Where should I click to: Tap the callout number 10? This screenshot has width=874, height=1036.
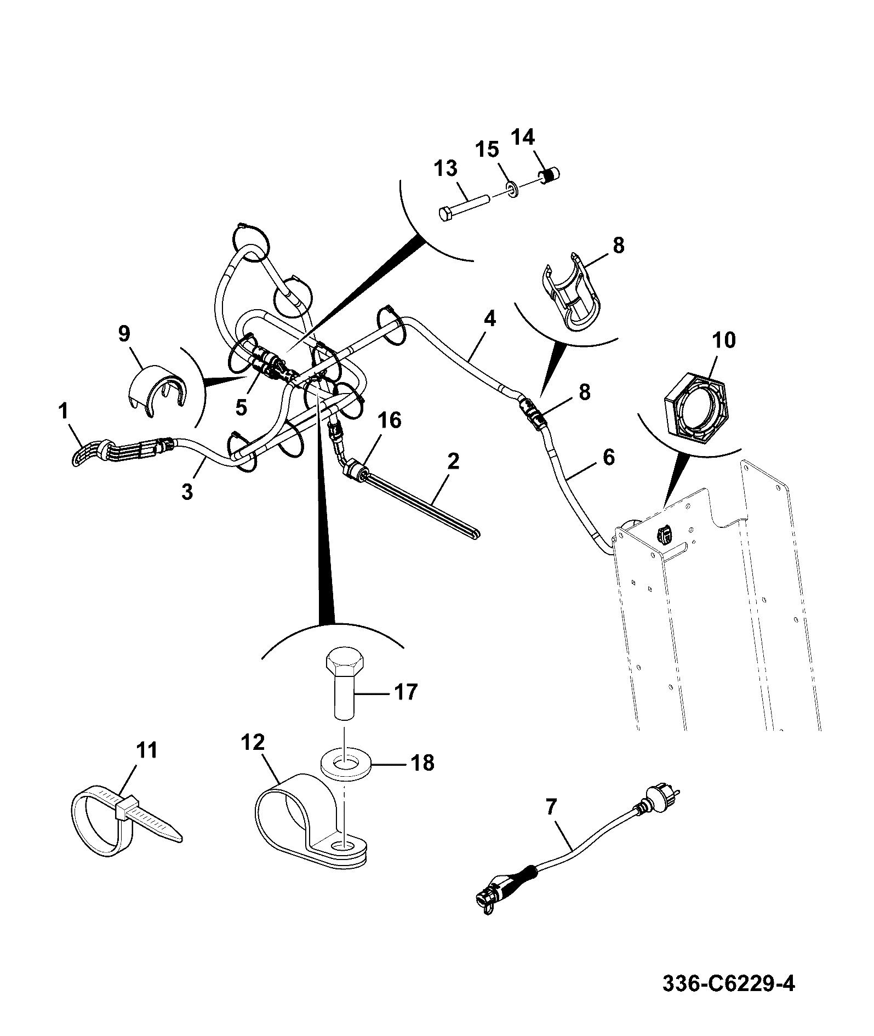pyautogui.click(x=724, y=340)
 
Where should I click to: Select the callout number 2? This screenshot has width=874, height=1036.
pyautogui.click(x=453, y=462)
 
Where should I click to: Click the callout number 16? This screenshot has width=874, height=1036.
pyautogui.click(x=389, y=420)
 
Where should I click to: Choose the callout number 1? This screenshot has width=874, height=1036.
pyautogui.click(x=65, y=411)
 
